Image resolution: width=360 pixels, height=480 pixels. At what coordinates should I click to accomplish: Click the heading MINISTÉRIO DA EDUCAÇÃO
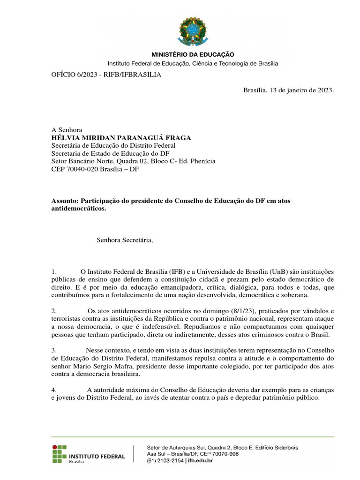click(x=192, y=54)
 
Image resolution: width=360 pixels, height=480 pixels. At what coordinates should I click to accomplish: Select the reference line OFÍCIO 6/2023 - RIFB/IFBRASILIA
click(x=106, y=75)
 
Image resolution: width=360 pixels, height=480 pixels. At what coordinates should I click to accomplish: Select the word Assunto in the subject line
click(x=63, y=201)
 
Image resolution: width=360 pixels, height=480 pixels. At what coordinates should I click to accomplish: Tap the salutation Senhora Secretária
click(x=125, y=240)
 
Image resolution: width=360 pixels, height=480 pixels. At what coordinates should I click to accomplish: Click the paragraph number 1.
click(x=54, y=272)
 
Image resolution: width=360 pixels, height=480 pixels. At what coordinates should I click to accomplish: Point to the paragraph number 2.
click(x=54, y=311)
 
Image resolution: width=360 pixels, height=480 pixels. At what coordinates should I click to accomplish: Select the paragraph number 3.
click(x=54, y=351)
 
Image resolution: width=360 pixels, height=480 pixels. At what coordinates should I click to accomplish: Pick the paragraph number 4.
click(x=54, y=390)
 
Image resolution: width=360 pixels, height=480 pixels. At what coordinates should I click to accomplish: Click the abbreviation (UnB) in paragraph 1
click(x=279, y=272)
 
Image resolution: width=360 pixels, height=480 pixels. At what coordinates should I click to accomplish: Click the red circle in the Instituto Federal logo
click(x=54, y=447)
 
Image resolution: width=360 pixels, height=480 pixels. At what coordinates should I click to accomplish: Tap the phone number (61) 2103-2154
click(x=165, y=461)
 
